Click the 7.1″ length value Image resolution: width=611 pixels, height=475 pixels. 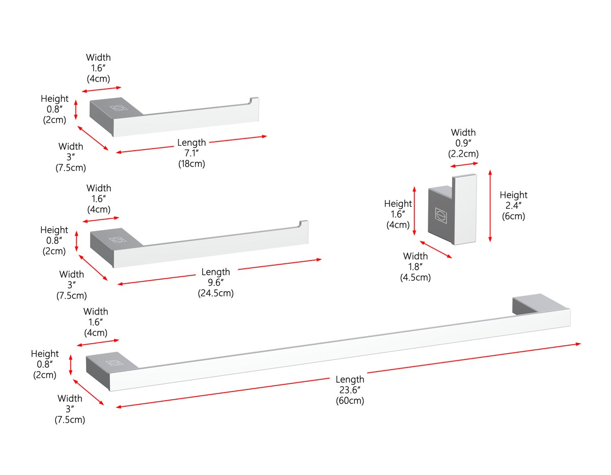tap(191, 153)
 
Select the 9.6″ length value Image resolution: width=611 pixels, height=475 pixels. tap(216, 283)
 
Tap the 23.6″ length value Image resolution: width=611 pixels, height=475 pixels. tap(350, 390)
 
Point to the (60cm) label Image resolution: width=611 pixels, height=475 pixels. tap(350, 401)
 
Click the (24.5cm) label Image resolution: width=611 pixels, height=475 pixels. tap(216, 293)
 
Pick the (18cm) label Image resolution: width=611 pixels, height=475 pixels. tap(191, 163)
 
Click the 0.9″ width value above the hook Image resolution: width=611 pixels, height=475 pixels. tap(463, 143)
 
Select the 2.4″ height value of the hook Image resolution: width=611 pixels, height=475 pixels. tap(513, 206)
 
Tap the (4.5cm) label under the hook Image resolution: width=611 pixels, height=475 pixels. tap(415, 277)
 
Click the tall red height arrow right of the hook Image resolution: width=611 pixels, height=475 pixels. tap(490, 206)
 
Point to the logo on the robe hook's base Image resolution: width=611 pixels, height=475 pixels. tap(441, 215)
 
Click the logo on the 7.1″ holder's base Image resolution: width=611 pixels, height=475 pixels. tap(119, 108)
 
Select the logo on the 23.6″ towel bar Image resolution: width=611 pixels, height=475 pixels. tap(114, 363)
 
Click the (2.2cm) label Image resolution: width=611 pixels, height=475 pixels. tap(463, 154)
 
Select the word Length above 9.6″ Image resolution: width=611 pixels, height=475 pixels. tap(216, 272)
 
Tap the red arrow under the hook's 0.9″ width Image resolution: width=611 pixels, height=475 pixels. tap(464, 165)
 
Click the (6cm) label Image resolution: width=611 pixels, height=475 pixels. tap(513, 216)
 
